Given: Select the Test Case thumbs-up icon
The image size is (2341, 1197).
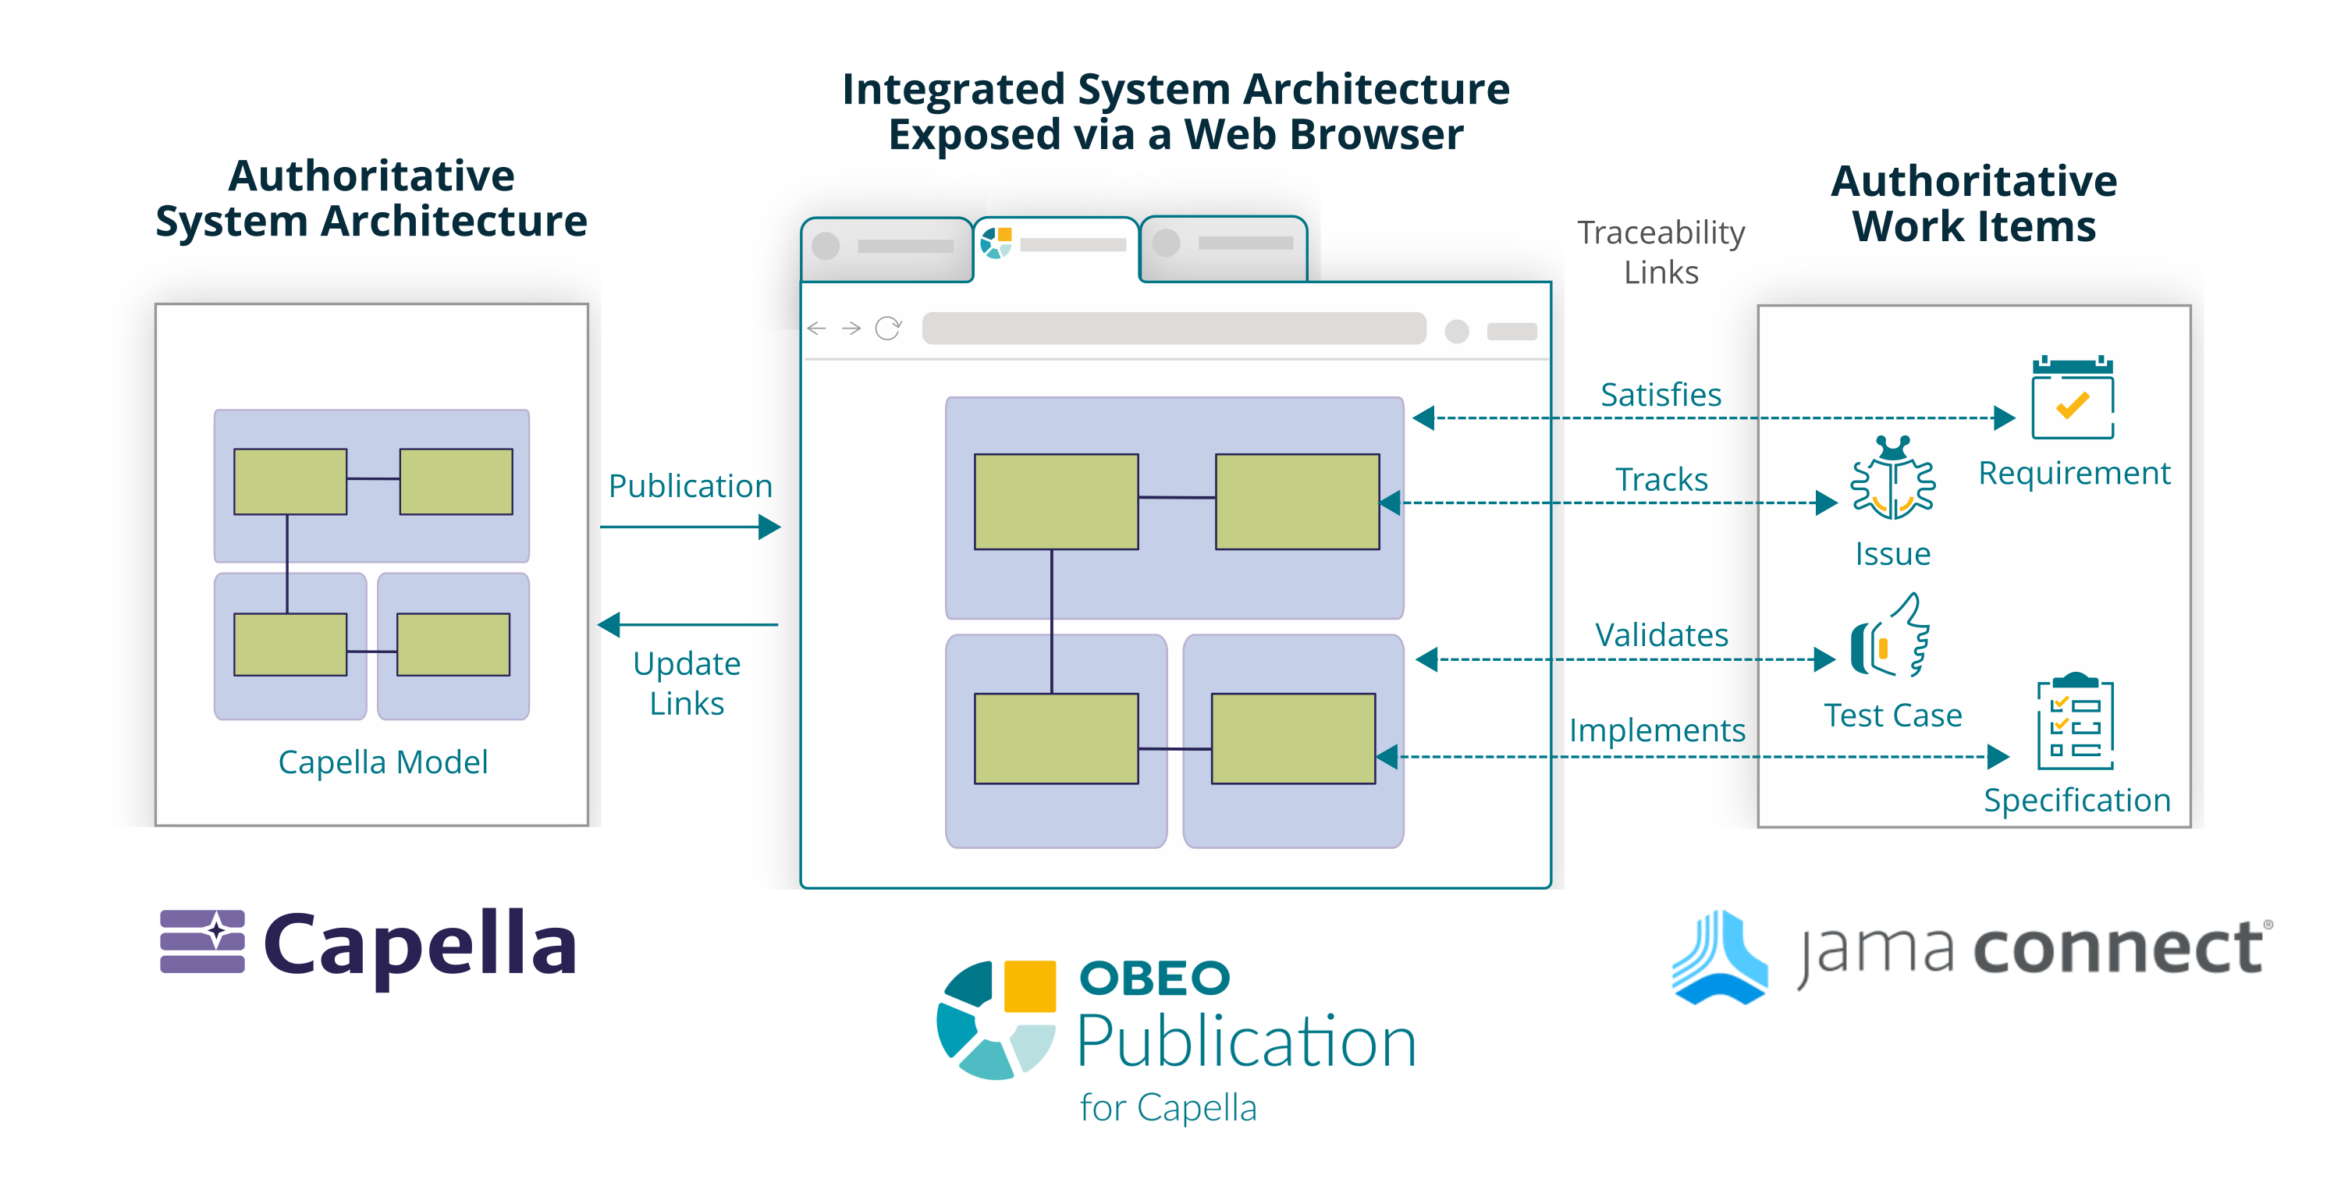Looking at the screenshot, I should point(1890,636).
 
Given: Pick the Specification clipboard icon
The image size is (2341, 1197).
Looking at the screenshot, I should point(2075,723).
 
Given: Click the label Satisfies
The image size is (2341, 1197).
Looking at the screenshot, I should point(1661,396).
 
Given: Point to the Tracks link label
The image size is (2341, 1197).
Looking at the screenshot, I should point(1661,479).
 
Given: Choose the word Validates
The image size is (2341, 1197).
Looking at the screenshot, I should point(1661,634).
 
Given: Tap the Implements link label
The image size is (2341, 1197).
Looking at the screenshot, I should point(1657,730).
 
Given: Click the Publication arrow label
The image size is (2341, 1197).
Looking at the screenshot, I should point(690,486).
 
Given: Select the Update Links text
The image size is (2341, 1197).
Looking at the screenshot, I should point(687,684).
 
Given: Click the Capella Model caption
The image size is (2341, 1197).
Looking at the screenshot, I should point(382,762).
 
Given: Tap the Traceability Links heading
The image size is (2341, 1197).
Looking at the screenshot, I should point(1661,253).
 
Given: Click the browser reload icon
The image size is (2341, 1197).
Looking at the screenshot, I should point(888,328).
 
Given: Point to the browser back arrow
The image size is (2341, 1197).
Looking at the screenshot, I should point(816,328).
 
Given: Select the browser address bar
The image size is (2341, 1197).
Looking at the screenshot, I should point(1173,328).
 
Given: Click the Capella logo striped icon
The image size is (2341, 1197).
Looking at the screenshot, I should point(203,942).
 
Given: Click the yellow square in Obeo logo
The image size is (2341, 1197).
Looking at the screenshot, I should point(1029,986).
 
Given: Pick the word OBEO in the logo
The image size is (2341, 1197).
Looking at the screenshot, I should point(1154,978).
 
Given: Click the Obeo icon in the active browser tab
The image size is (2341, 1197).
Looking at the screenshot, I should point(996,243).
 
